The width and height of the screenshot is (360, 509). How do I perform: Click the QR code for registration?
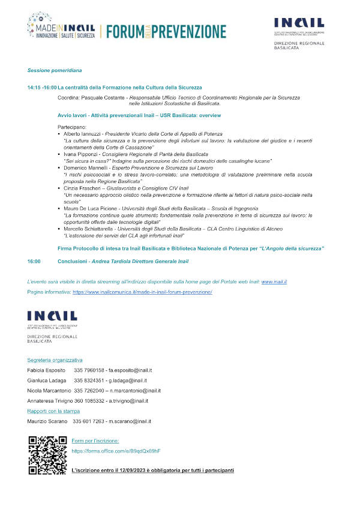pyautogui.click(x=47, y=456)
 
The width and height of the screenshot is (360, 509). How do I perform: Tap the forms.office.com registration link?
pyautogui.click(x=116, y=450)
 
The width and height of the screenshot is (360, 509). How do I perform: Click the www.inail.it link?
pyautogui.click(x=274, y=282)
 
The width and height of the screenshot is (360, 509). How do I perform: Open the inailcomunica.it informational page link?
pyautogui.click(x=143, y=292)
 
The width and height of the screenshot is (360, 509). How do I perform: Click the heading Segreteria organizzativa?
pyautogui.click(x=55, y=360)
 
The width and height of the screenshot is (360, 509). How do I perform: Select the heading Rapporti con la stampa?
pyautogui.click(x=52, y=411)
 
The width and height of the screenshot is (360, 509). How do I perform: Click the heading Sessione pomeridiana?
pyautogui.click(x=50, y=70)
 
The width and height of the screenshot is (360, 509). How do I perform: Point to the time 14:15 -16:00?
pyautogui.click(x=41, y=88)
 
